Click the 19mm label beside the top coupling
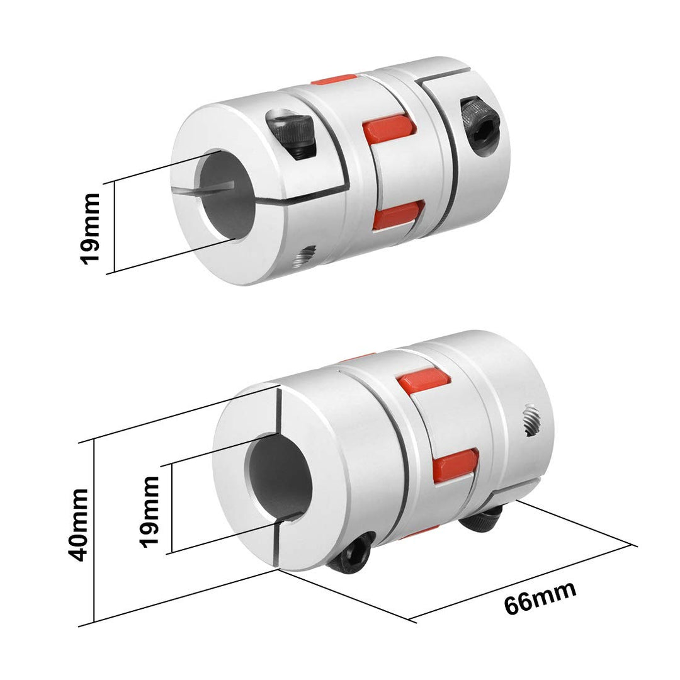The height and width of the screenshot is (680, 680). pyautogui.click(x=91, y=228)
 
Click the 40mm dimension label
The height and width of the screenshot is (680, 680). pyautogui.click(x=78, y=524)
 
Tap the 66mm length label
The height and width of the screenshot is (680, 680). pyautogui.click(x=540, y=598)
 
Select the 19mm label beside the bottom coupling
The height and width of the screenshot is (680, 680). pyautogui.click(x=150, y=511)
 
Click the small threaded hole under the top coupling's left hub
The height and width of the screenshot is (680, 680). pyautogui.click(x=306, y=254)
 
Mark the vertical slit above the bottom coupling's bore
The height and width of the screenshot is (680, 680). pyautogui.click(x=277, y=409)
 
